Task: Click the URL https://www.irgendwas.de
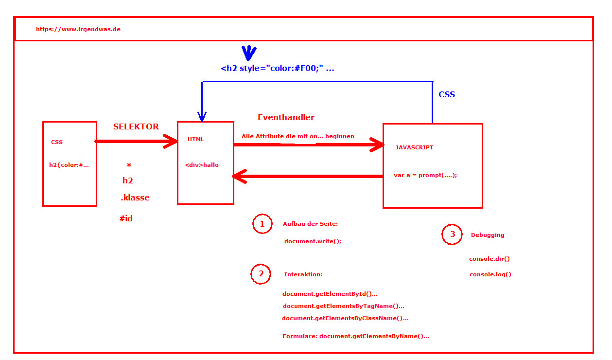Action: pos(78,29)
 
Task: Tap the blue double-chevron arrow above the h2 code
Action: pos(249,53)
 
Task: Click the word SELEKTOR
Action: pos(136,126)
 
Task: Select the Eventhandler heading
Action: pos(286,117)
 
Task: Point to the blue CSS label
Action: pos(447,94)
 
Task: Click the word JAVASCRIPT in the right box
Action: pos(414,147)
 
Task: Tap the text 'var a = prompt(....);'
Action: pos(425,175)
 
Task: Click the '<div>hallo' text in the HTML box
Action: pos(202,165)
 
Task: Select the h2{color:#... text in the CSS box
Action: pos(69,165)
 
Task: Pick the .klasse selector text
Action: pos(135,198)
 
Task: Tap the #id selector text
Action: pos(126,218)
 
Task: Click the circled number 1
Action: pos(262,224)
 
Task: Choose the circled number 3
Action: pos(452,234)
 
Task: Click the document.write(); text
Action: pos(313,241)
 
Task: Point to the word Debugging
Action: pos(488,235)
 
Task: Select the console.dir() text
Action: pos(490,259)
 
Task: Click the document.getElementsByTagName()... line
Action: pos(343,306)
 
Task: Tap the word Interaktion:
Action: pos(303,274)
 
